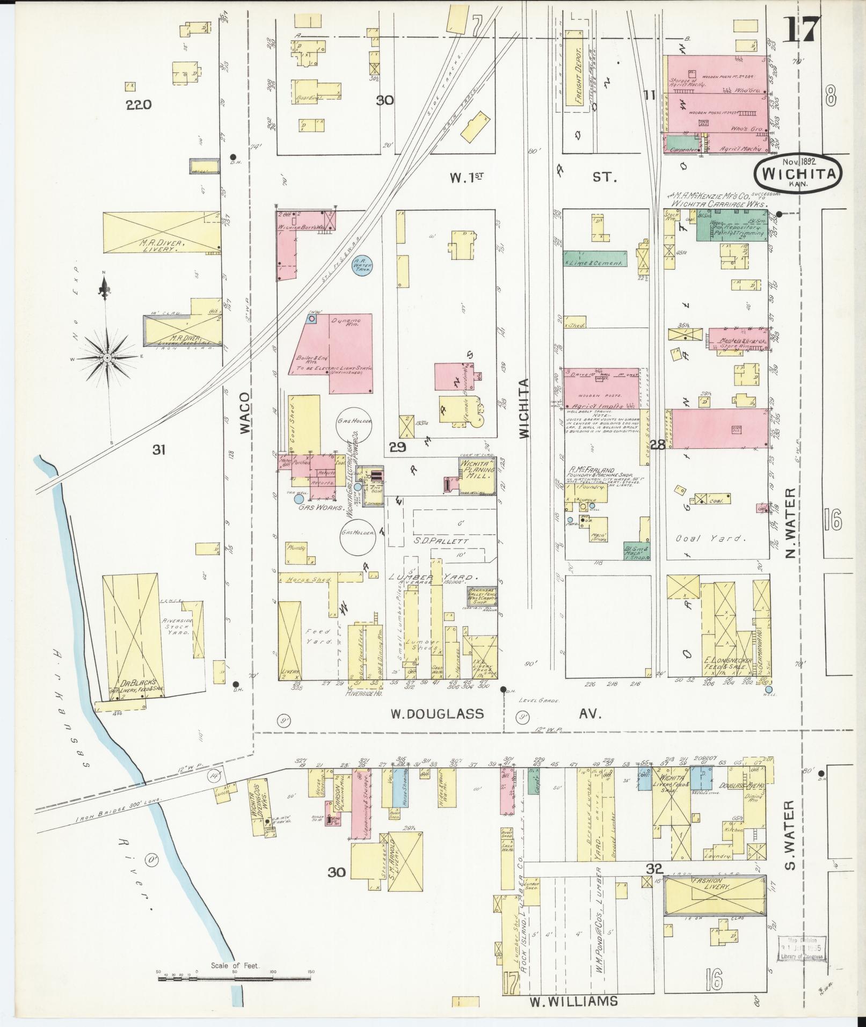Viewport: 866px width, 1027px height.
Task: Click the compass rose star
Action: point(107,357)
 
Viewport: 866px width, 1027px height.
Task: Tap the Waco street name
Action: point(245,413)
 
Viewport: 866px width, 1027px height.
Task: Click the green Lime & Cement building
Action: point(594,258)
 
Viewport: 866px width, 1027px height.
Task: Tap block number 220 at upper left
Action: point(139,104)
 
